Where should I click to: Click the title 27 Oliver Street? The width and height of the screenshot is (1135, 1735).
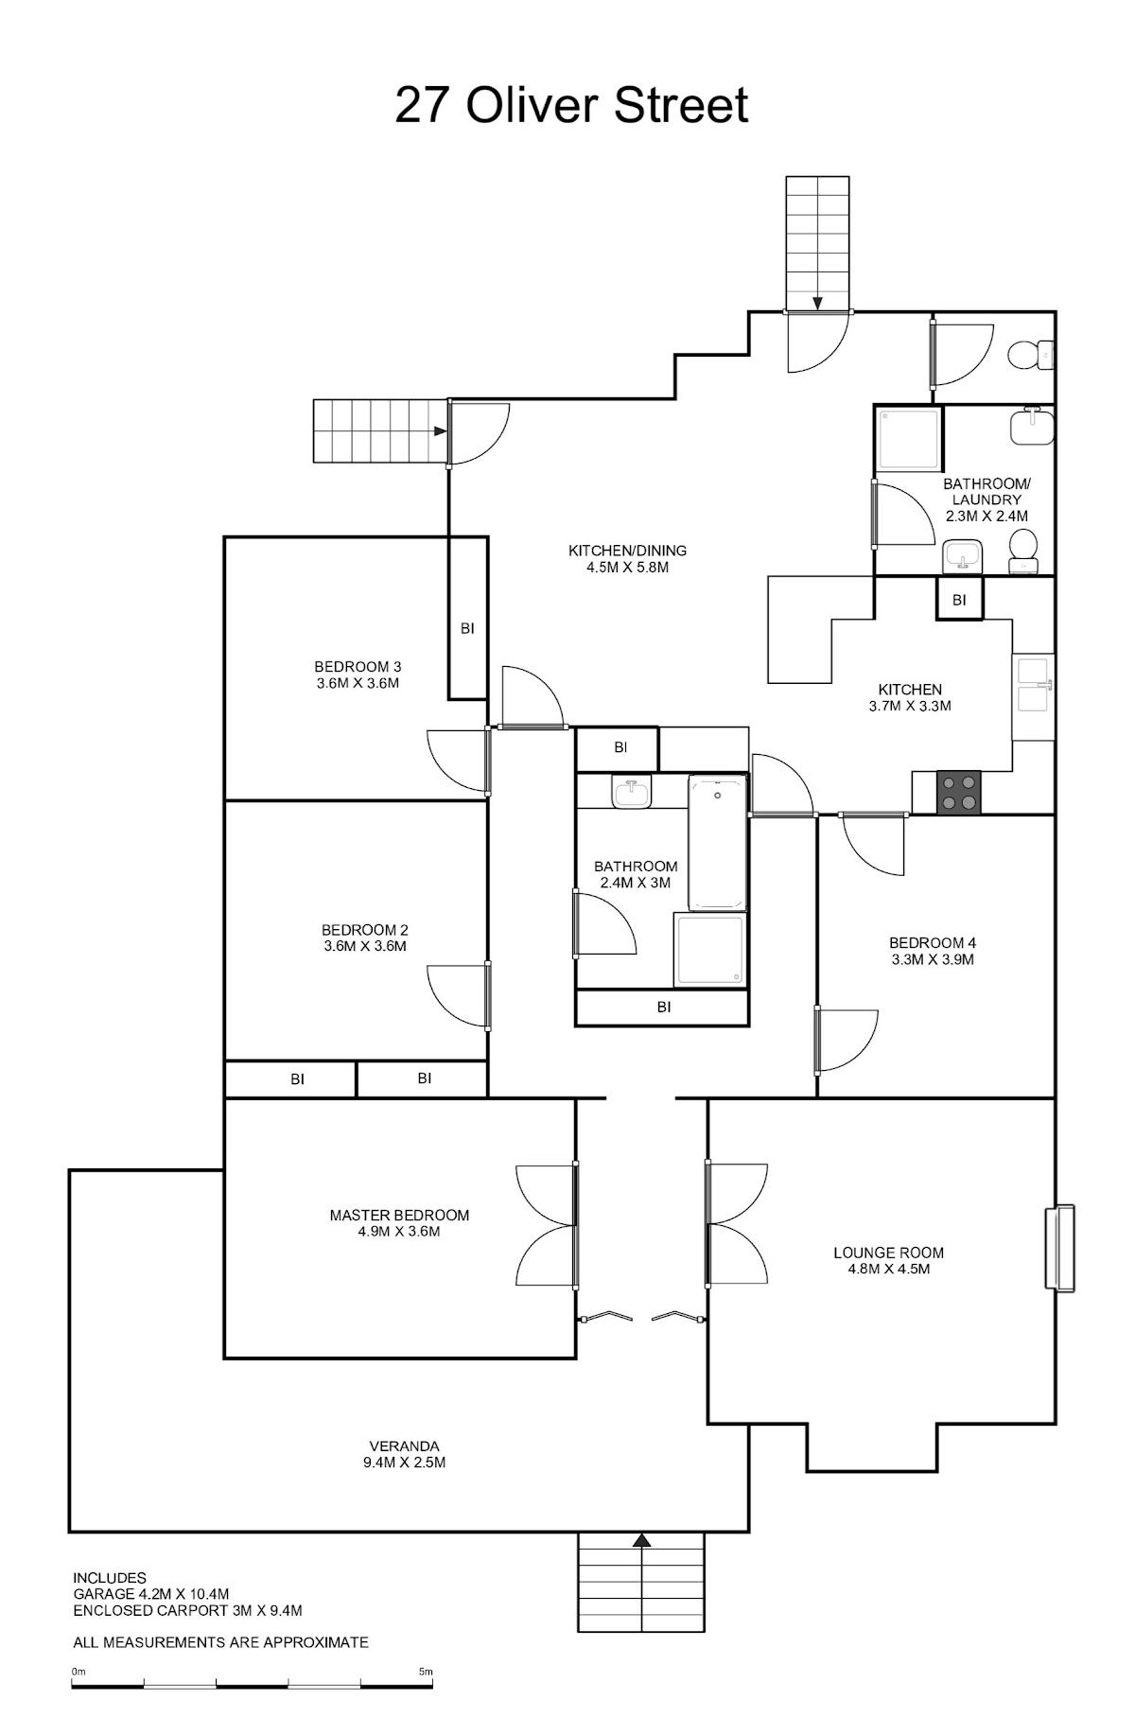571,105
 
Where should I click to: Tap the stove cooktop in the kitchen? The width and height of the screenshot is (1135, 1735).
959,792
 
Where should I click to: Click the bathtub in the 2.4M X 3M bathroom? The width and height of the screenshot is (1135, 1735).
718,843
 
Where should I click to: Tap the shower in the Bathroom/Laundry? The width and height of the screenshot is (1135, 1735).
908,439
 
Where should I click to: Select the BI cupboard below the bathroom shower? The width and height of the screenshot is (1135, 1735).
662,1008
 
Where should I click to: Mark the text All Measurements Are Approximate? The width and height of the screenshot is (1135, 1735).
220,1642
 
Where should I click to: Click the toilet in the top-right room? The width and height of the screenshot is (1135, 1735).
1030,356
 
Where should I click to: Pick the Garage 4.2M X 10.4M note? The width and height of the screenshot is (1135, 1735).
151,1594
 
